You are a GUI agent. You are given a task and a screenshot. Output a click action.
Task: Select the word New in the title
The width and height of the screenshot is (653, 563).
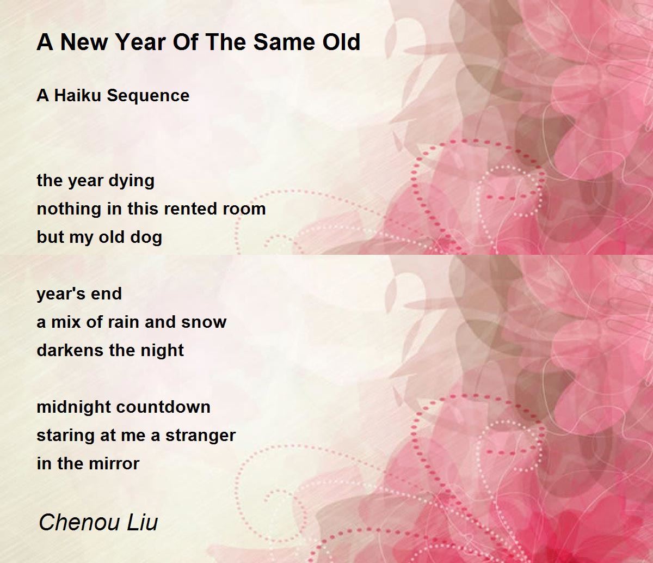coord(84,42)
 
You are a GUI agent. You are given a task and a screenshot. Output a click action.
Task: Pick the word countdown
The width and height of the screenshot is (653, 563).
coord(163,407)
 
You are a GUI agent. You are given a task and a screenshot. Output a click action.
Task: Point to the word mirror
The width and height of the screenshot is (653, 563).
coord(114,464)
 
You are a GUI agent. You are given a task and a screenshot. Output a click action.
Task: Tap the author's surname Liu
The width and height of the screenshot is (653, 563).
coord(142,522)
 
